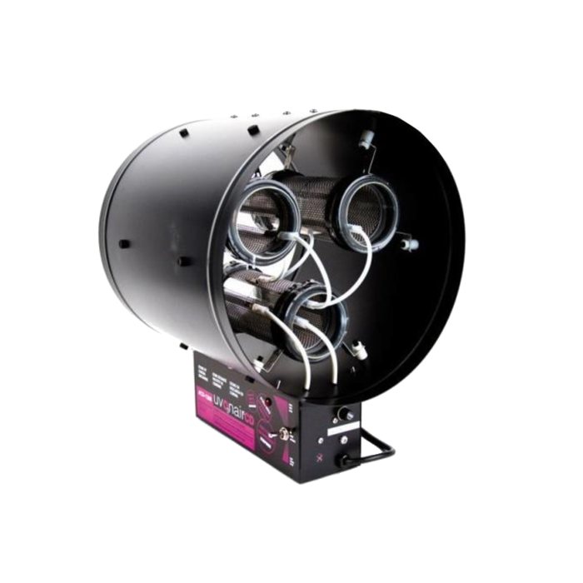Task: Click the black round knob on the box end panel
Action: click(x=342, y=415)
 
